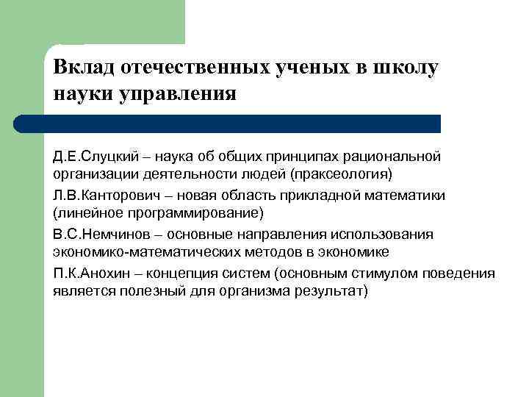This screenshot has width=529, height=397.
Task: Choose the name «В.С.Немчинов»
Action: pyautogui.click(x=98, y=235)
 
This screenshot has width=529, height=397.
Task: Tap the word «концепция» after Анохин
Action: pyautogui.click(x=180, y=273)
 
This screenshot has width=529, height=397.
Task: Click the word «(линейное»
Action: pyautogui.click(x=83, y=214)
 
